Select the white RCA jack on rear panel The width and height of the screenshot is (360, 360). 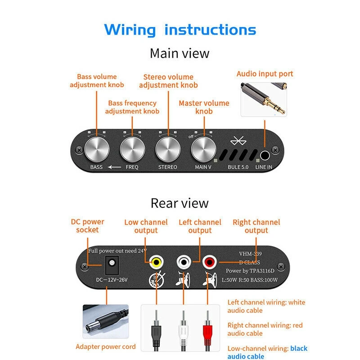[183, 261]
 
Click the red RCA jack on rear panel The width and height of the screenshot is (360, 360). [209, 261]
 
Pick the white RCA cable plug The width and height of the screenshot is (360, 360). [183, 331]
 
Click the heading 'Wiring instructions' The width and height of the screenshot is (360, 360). [180, 30]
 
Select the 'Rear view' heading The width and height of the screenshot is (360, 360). [180, 203]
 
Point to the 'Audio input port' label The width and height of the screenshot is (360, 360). [265, 74]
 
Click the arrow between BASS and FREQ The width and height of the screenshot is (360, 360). [114, 167]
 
